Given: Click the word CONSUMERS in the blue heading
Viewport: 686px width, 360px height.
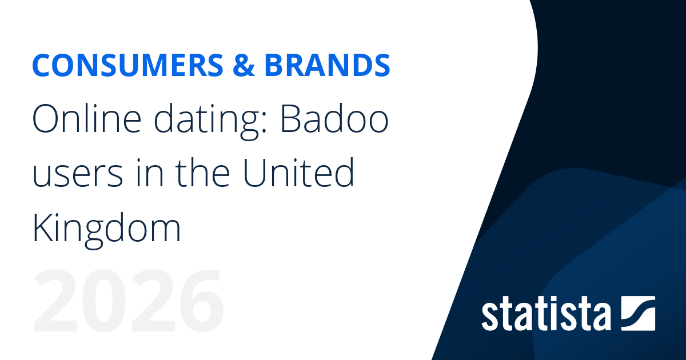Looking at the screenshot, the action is coord(127,65).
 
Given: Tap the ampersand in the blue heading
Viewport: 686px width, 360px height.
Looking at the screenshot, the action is coord(244,65).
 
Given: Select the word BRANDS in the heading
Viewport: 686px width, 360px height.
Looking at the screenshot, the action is coord(327,65).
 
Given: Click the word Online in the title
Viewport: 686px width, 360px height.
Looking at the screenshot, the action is coord(87,118).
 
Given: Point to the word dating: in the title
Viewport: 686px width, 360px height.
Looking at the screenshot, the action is coord(210,121).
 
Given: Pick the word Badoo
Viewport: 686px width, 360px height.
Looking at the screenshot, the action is coord(335,118).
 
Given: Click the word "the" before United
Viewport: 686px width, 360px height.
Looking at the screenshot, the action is coord(202,173).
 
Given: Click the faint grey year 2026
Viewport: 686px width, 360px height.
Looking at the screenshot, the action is coord(128,301).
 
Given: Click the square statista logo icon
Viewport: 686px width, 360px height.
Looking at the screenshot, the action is coord(638,314).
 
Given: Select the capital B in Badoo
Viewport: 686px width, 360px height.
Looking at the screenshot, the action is coord(290,118).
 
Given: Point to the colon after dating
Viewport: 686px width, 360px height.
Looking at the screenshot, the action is coord(265,122).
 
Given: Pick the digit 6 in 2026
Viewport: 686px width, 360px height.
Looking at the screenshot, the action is coord(201,301).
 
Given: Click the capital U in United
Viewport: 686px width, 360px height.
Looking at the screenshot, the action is coord(254,173).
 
